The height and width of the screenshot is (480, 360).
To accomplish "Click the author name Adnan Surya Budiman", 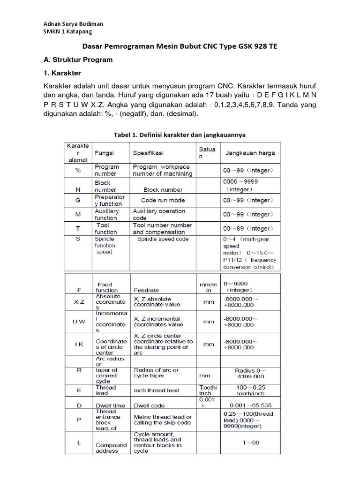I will click(x=73, y=24).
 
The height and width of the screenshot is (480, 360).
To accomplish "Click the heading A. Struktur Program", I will click(x=78, y=60).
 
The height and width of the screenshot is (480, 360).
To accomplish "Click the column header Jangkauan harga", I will click(x=250, y=153).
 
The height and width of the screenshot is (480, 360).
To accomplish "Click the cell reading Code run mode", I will click(x=163, y=200).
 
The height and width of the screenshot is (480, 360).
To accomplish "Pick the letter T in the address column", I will click(x=78, y=228).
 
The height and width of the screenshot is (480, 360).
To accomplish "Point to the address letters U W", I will click(x=78, y=322).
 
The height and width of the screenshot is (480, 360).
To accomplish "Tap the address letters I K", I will click(x=78, y=345).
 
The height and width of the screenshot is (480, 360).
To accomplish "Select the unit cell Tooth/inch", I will click(x=208, y=390).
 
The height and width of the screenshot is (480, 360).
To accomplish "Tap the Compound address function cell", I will click(x=111, y=448).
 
